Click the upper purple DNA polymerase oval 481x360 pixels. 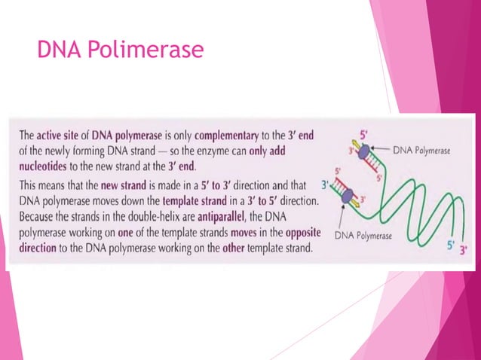tap(360, 152)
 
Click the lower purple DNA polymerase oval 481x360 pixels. tap(348, 197)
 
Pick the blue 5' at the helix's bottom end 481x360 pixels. tap(449, 245)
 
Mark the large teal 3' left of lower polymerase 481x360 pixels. tap(324, 183)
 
